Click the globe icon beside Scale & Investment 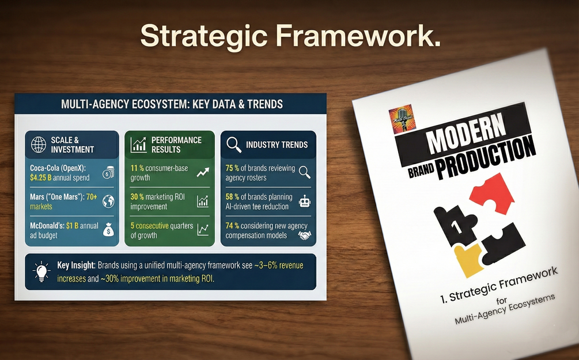[38, 144]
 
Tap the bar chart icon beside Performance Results [138, 145]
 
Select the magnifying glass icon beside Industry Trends [234, 145]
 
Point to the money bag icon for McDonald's [108, 230]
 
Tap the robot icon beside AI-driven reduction [305, 201]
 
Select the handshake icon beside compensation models [305, 235]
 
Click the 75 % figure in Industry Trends [232, 169]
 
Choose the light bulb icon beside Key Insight [42, 271]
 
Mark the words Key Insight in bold [76, 266]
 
